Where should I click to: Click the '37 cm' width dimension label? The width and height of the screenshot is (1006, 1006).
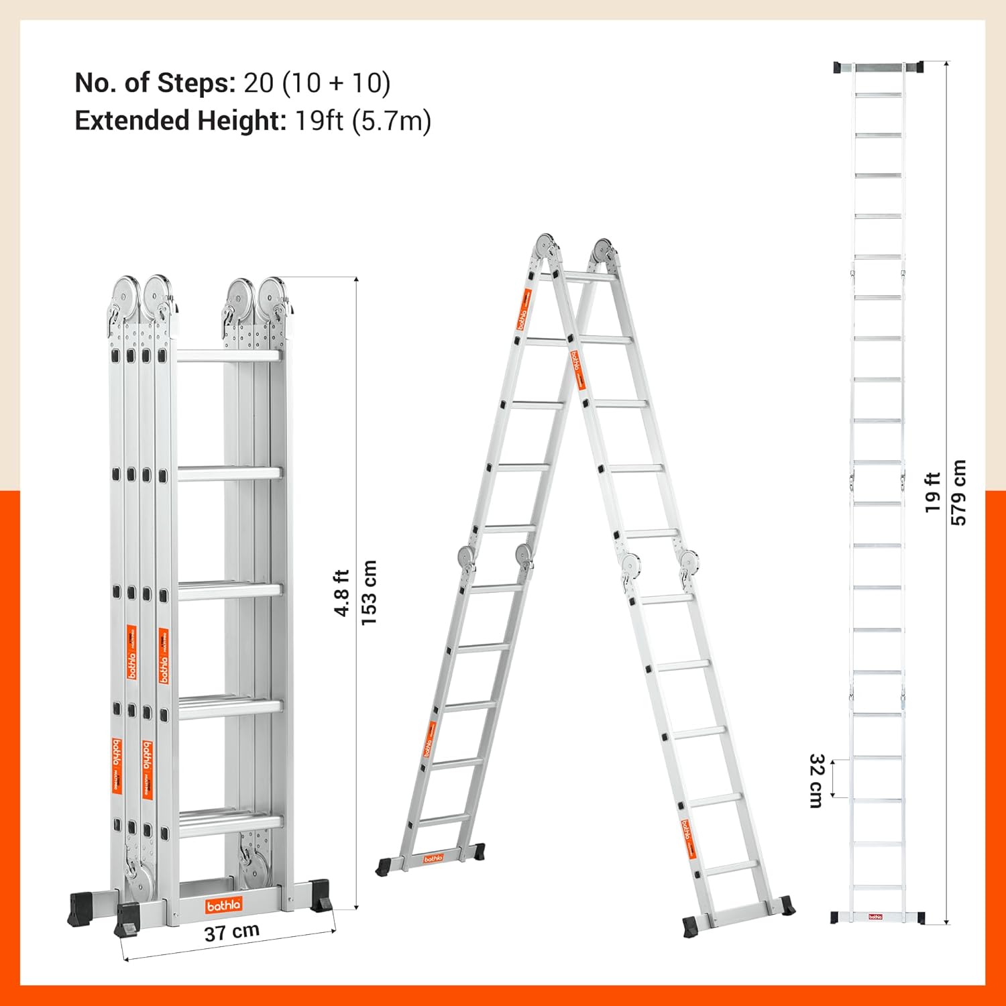point(231,932)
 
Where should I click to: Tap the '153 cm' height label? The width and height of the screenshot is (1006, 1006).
point(369,593)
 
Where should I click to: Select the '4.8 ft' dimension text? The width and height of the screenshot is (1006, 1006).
point(342,593)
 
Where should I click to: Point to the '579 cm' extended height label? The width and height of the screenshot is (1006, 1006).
point(959,492)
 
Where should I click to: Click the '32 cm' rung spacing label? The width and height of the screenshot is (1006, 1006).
point(816,781)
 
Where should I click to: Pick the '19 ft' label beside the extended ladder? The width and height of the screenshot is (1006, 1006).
point(933,492)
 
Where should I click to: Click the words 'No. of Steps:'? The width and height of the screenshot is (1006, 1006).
point(155,83)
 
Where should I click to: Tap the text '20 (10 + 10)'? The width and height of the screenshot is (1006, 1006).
point(317,83)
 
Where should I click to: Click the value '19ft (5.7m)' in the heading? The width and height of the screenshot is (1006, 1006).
point(363,121)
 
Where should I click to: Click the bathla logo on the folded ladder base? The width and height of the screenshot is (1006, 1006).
point(223,906)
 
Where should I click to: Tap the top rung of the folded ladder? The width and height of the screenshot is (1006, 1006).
point(228,356)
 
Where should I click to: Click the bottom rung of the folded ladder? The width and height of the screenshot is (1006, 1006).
point(230,822)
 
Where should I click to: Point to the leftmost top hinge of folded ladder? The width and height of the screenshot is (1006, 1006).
point(124,294)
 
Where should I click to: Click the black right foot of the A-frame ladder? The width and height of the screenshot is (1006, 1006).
point(782,905)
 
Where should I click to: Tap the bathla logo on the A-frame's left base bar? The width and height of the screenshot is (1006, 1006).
point(433,858)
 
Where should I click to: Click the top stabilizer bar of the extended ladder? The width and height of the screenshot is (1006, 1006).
point(879,68)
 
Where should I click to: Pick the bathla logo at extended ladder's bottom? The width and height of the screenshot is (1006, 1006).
point(875,917)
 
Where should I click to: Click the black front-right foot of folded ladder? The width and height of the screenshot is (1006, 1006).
point(321,897)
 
